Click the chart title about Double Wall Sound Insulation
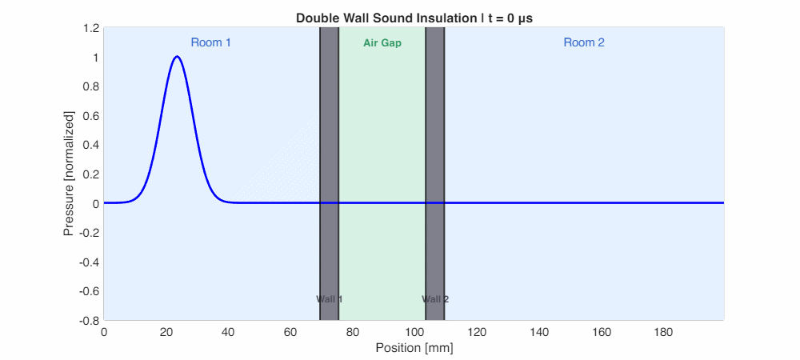click(x=414, y=18)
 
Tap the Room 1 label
click(x=210, y=42)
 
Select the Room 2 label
click(x=584, y=42)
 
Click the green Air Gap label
click(x=382, y=43)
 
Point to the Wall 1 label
click(x=329, y=299)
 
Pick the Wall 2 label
click(x=435, y=299)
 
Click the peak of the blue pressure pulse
click(x=177, y=57)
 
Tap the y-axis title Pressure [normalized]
click(x=69, y=174)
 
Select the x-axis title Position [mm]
click(x=414, y=348)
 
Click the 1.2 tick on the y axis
click(x=90, y=29)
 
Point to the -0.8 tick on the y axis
click(x=88, y=320)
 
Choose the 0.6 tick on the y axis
click(x=90, y=116)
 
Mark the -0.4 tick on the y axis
click(x=88, y=262)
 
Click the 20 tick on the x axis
click(x=166, y=332)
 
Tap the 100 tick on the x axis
click(x=414, y=332)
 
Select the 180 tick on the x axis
click(x=662, y=332)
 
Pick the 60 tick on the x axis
click(x=290, y=332)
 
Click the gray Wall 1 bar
click(x=329, y=160)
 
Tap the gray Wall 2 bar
click(x=435, y=160)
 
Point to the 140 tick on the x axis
click(x=538, y=332)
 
